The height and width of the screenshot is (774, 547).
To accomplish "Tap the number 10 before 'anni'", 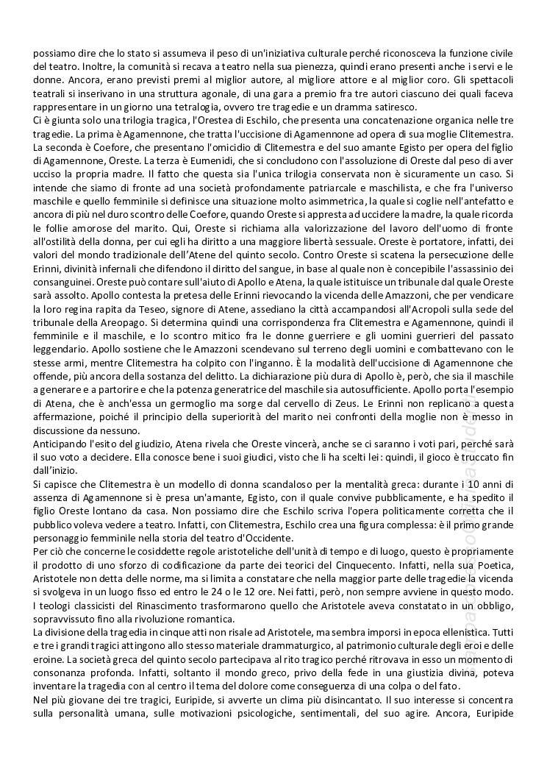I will click(x=442, y=483).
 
